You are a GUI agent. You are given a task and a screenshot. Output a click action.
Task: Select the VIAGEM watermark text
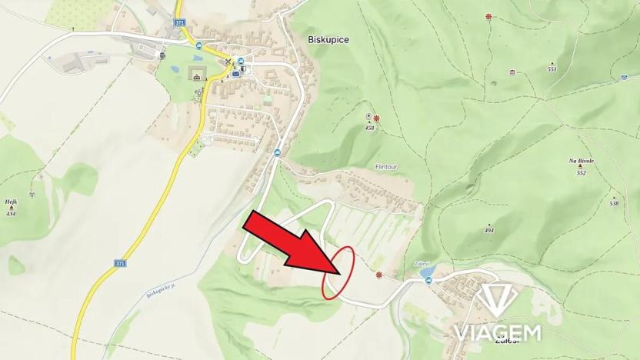[497, 332]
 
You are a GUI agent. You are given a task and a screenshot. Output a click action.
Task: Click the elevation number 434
[11, 213]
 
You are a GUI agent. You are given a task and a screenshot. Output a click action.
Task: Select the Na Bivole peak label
[580, 161]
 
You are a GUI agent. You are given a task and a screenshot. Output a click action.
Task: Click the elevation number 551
[552, 68]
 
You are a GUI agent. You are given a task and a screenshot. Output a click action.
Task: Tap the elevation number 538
[614, 203]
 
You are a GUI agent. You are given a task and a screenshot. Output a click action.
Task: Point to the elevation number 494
[489, 230]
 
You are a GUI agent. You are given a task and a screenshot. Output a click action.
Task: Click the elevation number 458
[369, 128]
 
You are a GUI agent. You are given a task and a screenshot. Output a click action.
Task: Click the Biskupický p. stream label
[161, 288]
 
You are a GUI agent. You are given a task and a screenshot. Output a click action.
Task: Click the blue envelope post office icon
[235, 74]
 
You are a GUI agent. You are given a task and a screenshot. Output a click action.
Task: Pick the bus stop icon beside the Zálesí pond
[429, 281]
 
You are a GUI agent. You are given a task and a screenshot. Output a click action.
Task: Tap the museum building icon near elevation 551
[512, 72]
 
